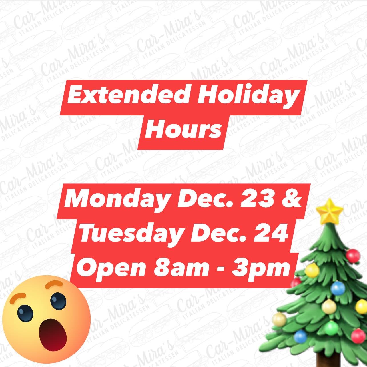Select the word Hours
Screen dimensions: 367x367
[183, 130]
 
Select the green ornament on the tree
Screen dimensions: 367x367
[331, 328]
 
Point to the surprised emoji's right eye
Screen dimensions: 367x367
[58, 301]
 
